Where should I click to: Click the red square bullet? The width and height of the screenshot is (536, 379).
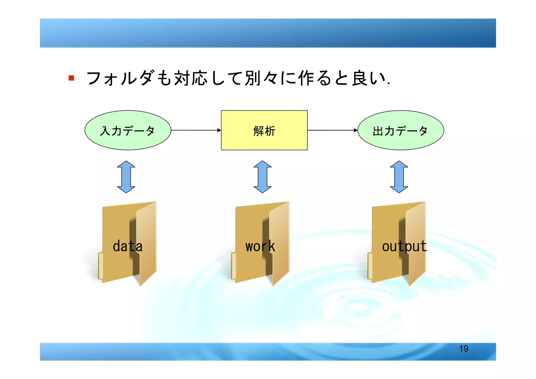pos(71,78)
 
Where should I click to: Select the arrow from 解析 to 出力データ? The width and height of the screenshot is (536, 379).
pos(332,130)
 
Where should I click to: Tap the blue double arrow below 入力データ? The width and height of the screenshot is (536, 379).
pos(126,177)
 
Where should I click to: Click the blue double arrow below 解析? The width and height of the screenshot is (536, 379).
pos(263,177)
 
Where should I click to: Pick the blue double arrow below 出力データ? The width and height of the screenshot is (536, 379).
pos(399,177)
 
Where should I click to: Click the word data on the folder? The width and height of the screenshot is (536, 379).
pos(127,246)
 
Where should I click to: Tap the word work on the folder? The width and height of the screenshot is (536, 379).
pos(260,246)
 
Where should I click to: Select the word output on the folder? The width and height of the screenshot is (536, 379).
pos(404,246)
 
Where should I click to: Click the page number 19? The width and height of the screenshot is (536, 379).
pos(464,349)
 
